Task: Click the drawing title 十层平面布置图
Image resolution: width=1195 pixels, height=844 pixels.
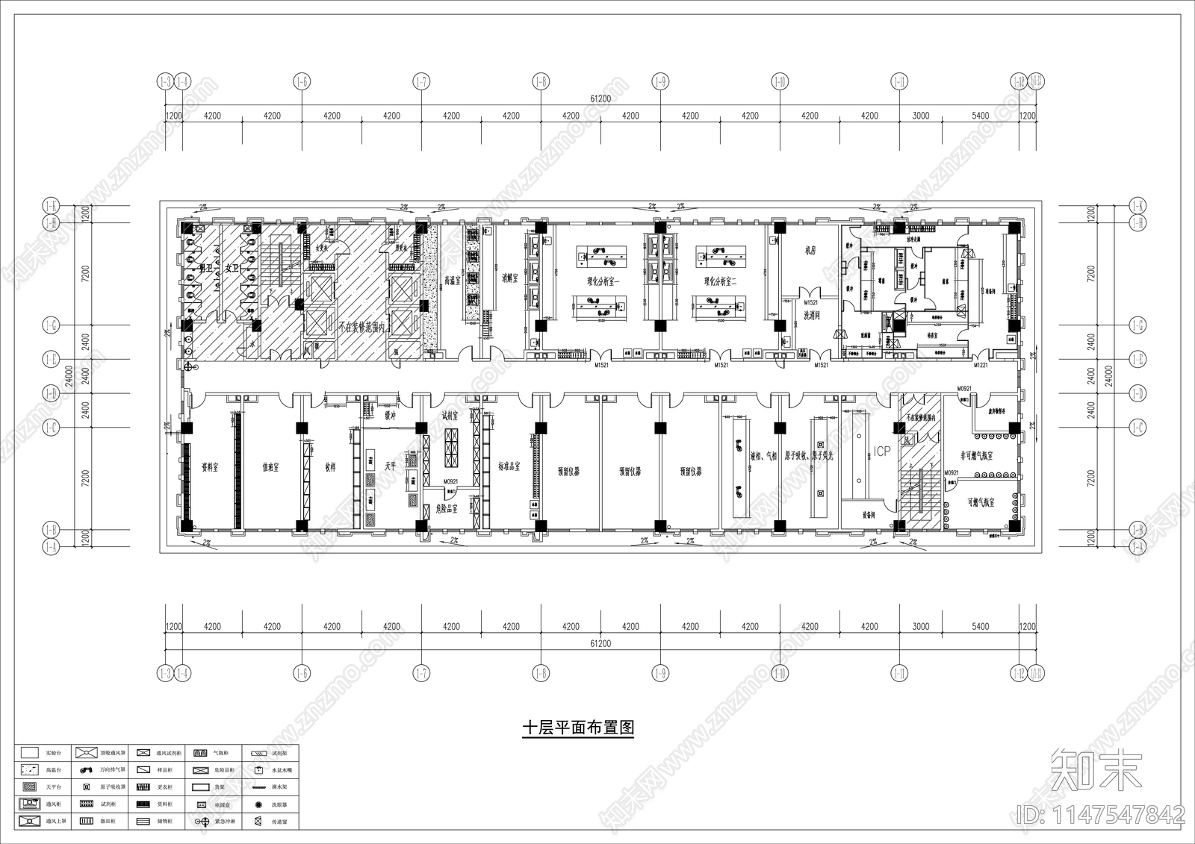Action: (577, 728)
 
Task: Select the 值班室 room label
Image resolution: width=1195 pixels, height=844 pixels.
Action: (270, 467)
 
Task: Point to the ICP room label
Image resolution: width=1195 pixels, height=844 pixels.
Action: (882, 451)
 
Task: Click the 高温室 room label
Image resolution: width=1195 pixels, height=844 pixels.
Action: (451, 281)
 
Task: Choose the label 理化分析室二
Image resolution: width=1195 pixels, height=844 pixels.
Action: (720, 281)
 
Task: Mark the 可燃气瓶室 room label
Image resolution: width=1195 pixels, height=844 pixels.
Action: (981, 502)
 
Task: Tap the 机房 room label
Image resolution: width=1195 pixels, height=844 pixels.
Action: (810, 251)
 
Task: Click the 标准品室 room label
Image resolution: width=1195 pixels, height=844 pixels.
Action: (509, 466)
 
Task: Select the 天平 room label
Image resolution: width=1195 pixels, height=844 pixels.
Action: (390, 466)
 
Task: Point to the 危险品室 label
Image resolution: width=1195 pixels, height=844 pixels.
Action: (446, 508)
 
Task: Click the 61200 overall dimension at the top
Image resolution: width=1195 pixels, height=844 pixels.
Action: (600, 99)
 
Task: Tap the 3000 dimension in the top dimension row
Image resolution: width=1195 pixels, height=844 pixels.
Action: (921, 116)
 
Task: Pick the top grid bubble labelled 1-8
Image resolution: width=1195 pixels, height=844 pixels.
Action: (540, 81)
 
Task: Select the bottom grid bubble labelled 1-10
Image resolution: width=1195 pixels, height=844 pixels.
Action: (780, 674)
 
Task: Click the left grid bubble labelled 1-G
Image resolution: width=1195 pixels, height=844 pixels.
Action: (51, 325)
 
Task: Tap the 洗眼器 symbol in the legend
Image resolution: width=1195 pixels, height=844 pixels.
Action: (258, 805)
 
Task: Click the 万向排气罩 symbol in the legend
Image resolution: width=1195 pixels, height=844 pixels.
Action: (87, 769)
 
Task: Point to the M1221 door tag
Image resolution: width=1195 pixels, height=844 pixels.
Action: (980, 366)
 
